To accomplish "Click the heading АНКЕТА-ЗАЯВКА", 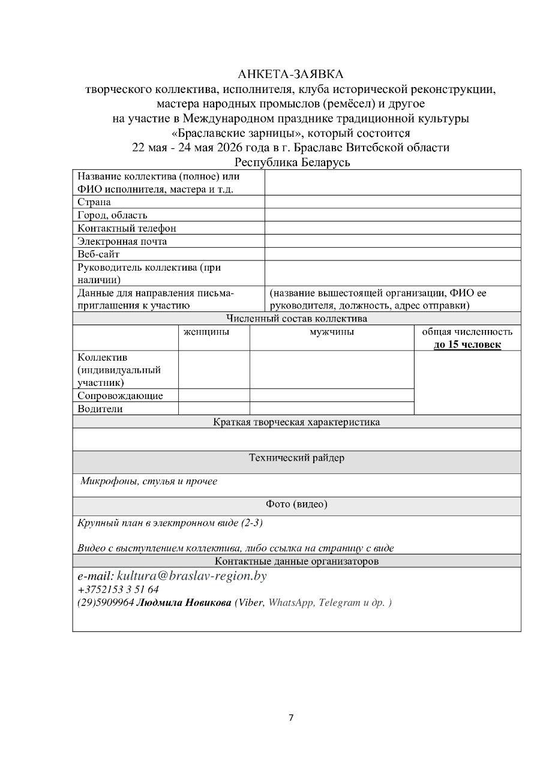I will [291, 74].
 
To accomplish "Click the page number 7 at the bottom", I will [291, 718].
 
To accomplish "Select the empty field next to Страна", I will [392, 202].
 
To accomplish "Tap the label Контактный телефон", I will [127, 228].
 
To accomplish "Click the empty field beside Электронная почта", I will [392, 241].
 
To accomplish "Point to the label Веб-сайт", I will [98, 254].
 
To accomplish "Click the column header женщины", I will [206, 332].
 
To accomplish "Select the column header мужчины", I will [331, 332].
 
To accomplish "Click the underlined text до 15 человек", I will [467, 345].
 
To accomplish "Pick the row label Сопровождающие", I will [120, 395].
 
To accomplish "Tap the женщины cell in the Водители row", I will [214, 409].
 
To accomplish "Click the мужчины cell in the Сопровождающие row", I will [331, 395].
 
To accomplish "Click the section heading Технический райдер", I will [296, 458].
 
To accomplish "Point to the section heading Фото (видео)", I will [296, 505].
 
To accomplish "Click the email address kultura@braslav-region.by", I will [191, 576].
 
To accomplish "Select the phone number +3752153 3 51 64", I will [118, 590].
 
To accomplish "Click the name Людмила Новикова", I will [184, 603].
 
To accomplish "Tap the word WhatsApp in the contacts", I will [291, 603].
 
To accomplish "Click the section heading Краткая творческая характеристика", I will [296, 422].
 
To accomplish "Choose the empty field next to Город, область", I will [392, 215].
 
